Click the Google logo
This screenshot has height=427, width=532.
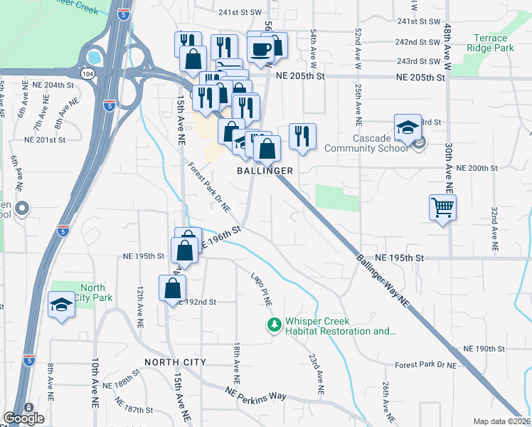click(x=23, y=418)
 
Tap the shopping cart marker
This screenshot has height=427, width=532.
click(x=442, y=208)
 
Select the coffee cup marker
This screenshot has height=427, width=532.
click(x=260, y=49)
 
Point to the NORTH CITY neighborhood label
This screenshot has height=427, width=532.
click(x=175, y=362)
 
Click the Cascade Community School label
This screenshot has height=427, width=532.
click(x=359, y=143)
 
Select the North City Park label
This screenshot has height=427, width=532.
click(x=92, y=292)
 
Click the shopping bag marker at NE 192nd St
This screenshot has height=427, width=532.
click(x=172, y=288)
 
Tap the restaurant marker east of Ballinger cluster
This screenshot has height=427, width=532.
click(x=302, y=135)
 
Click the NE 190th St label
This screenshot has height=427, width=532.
click(x=484, y=349)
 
